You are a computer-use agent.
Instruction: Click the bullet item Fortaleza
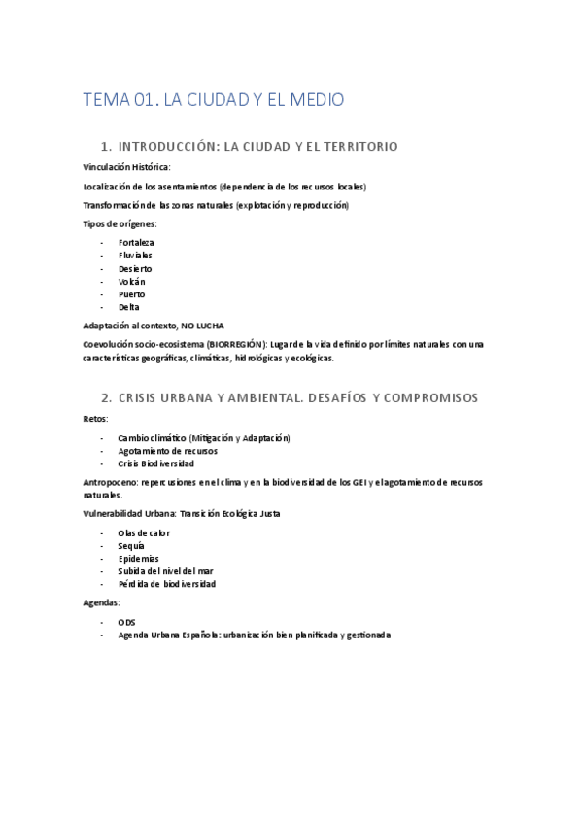(x=136, y=242)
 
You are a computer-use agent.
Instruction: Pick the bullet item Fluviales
(x=135, y=256)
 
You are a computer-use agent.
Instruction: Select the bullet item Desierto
(x=135, y=268)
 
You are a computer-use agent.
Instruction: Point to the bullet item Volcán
(x=131, y=281)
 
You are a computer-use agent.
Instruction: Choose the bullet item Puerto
(x=131, y=293)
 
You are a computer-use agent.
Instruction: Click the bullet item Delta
(x=128, y=307)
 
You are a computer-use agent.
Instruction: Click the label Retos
(x=95, y=418)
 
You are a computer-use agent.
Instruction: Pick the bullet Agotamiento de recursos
(x=167, y=451)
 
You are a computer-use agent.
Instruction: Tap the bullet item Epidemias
(x=138, y=559)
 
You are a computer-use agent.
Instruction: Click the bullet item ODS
(x=127, y=622)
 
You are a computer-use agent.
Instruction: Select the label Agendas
(x=103, y=602)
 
